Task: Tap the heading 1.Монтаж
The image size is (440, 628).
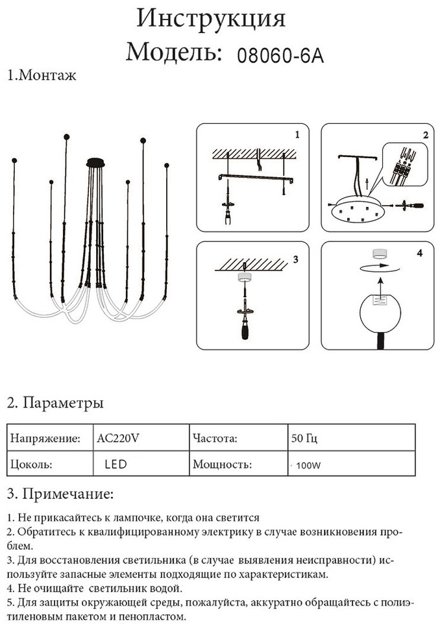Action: tap(42, 75)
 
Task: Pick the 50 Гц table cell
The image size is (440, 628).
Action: tap(304, 438)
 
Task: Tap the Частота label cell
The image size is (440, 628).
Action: tap(215, 438)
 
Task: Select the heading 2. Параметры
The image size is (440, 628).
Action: tap(55, 403)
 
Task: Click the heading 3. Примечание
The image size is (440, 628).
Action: tap(60, 494)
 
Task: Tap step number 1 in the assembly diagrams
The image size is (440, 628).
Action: tap(297, 136)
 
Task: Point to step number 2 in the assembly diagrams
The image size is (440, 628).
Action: tap(425, 136)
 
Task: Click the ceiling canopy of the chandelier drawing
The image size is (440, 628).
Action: tap(96, 162)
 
